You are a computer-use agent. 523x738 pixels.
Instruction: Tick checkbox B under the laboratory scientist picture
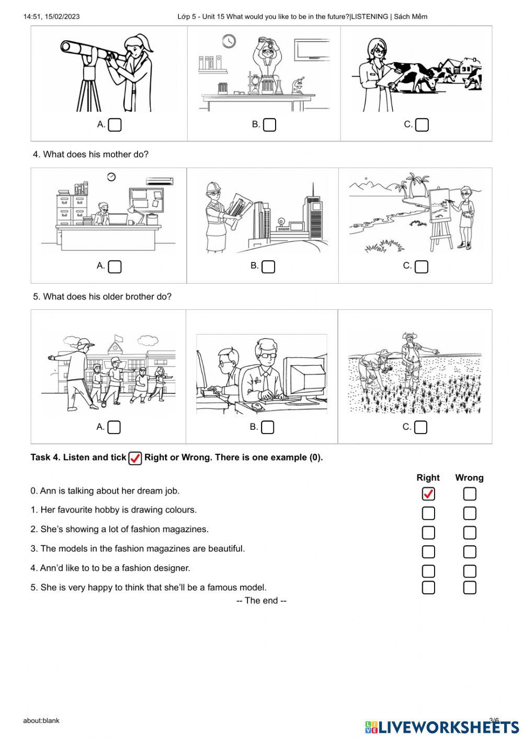(x=269, y=125)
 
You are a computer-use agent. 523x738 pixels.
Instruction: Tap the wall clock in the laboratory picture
(x=229, y=41)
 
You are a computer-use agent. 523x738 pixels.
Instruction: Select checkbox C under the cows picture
(x=422, y=125)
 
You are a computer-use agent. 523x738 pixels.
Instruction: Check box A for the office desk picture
(x=115, y=266)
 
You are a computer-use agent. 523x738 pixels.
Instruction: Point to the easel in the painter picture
(x=440, y=219)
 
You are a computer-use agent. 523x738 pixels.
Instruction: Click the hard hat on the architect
(x=213, y=188)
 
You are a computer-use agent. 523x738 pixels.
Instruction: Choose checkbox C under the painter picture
(x=422, y=266)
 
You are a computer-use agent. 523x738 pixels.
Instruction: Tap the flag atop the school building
(x=118, y=337)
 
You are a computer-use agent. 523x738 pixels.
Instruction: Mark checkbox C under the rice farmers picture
(x=420, y=427)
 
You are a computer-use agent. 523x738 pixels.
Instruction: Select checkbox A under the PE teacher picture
(x=114, y=427)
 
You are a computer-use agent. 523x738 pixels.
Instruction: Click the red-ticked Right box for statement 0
(x=428, y=494)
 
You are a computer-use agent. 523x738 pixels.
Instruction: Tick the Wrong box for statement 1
(x=470, y=513)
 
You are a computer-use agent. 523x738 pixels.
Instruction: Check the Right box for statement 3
(x=428, y=552)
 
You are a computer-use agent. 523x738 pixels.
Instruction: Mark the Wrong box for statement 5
(x=470, y=588)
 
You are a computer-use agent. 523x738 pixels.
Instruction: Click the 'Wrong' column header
(x=469, y=477)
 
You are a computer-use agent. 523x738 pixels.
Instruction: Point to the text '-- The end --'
(x=261, y=601)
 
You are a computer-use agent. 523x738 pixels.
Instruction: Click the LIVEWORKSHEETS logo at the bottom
(x=442, y=727)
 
